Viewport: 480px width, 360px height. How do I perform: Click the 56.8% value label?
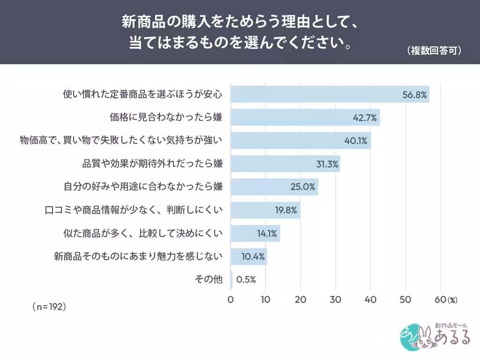[414, 95]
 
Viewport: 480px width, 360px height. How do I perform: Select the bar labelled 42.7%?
[305, 117]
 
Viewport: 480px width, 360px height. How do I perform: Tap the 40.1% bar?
[300, 141]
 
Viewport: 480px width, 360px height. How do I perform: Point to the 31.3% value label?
[327, 164]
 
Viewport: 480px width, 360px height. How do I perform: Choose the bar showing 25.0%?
[274, 187]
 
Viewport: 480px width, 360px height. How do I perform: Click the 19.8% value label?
[286, 210]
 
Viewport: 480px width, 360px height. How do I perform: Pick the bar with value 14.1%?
[255, 233]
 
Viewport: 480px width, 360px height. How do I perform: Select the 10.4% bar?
[249, 256]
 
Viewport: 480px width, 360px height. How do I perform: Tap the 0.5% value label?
[246, 279]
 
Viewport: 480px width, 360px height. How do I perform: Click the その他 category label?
[209, 279]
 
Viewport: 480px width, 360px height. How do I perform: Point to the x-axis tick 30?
[336, 300]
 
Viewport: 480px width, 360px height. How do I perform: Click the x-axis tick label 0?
[231, 300]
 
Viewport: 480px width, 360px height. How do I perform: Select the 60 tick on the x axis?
[441, 300]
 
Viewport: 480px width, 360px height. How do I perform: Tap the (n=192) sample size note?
[49, 307]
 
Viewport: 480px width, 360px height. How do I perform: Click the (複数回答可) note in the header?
[434, 51]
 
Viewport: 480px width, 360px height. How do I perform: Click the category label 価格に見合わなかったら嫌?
[166, 117]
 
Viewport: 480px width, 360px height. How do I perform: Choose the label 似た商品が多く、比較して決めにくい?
[143, 233]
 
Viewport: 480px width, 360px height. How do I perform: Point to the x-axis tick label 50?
[405, 300]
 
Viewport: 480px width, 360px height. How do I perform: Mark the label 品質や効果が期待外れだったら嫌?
[152, 164]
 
